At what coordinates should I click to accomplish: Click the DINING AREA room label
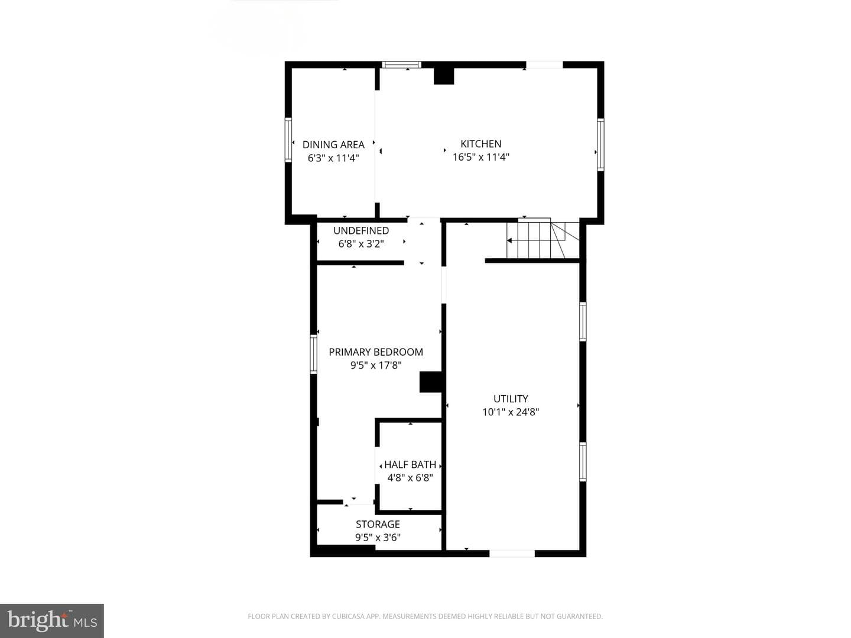pyautogui.click(x=333, y=145)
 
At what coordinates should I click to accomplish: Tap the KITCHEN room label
pyautogui.click(x=480, y=144)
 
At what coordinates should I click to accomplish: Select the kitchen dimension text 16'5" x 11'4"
pyautogui.click(x=480, y=157)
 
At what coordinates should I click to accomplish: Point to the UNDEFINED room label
pyautogui.click(x=361, y=230)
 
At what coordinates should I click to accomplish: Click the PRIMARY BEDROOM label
pyautogui.click(x=376, y=351)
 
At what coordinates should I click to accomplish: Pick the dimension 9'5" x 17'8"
pyautogui.click(x=376, y=365)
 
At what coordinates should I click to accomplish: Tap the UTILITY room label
pyautogui.click(x=511, y=399)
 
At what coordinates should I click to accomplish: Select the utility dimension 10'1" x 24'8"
pyautogui.click(x=511, y=412)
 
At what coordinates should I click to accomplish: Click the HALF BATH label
pyautogui.click(x=410, y=464)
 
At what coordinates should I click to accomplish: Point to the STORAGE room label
pyautogui.click(x=378, y=524)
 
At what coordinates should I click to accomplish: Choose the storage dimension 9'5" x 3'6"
pyautogui.click(x=378, y=538)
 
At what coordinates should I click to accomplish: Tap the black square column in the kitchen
pyautogui.click(x=444, y=76)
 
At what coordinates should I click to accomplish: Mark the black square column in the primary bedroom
pyautogui.click(x=431, y=382)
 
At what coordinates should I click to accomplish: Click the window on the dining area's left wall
pyautogui.click(x=288, y=140)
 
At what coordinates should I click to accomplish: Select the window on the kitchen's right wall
pyautogui.click(x=600, y=145)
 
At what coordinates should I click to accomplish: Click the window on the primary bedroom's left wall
pyautogui.click(x=313, y=354)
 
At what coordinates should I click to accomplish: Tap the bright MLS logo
pyautogui.click(x=52, y=620)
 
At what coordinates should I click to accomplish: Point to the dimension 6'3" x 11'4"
pyautogui.click(x=333, y=158)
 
